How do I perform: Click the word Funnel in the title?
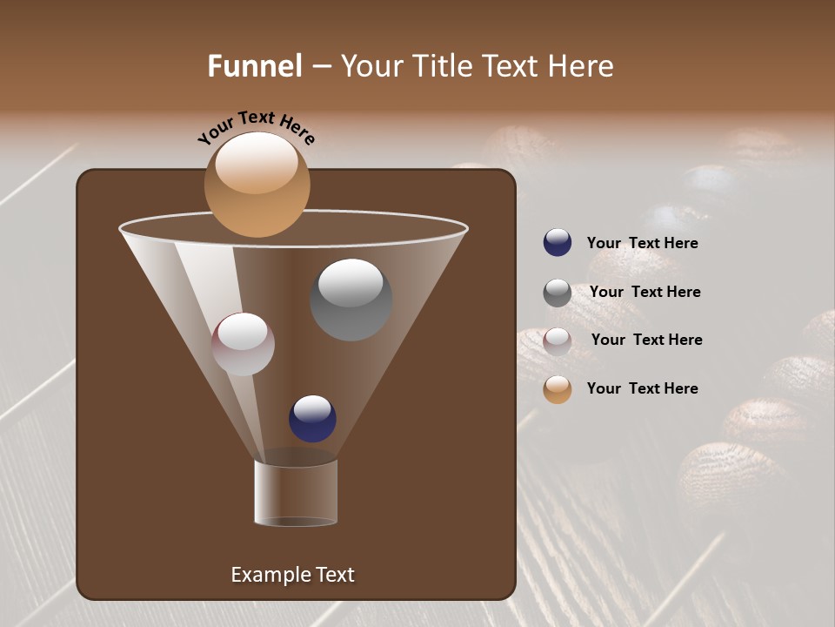[255, 66]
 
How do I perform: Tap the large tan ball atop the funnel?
[257, 185]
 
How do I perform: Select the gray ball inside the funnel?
[351, 300]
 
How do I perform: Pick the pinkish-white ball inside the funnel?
[243, 344]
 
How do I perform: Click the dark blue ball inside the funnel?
[312, 419]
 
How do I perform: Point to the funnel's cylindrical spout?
[296, 493]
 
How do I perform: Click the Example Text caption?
[292, 575]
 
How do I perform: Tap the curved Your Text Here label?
[256, 128]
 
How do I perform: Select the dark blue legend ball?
[558, 243]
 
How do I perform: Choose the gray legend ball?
[558, 293]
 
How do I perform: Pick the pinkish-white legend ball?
[558, 341]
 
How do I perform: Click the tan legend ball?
[558, 389]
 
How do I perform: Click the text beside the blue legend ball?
[642, 244]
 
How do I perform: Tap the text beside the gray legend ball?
[645, 293]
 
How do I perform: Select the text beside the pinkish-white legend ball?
[646, 340]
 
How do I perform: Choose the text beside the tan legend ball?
[642, 388]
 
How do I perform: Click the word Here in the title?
[581, 66]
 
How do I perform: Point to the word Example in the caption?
[269, 575]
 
